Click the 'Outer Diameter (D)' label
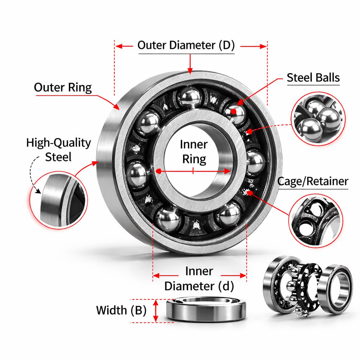[x=186, y=45]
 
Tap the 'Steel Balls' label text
[x=313, y=77]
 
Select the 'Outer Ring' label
[x=63, y=87]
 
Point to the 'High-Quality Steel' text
[x=58, y=150]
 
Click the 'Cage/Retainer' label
[x=313, y=181]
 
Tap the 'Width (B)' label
[x=121, y=310]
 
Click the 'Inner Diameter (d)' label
[x=199, y=279]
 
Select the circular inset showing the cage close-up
[x=315, y=220]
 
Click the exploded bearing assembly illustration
[x=307, y=284]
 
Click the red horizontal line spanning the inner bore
[x=194, y=171]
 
